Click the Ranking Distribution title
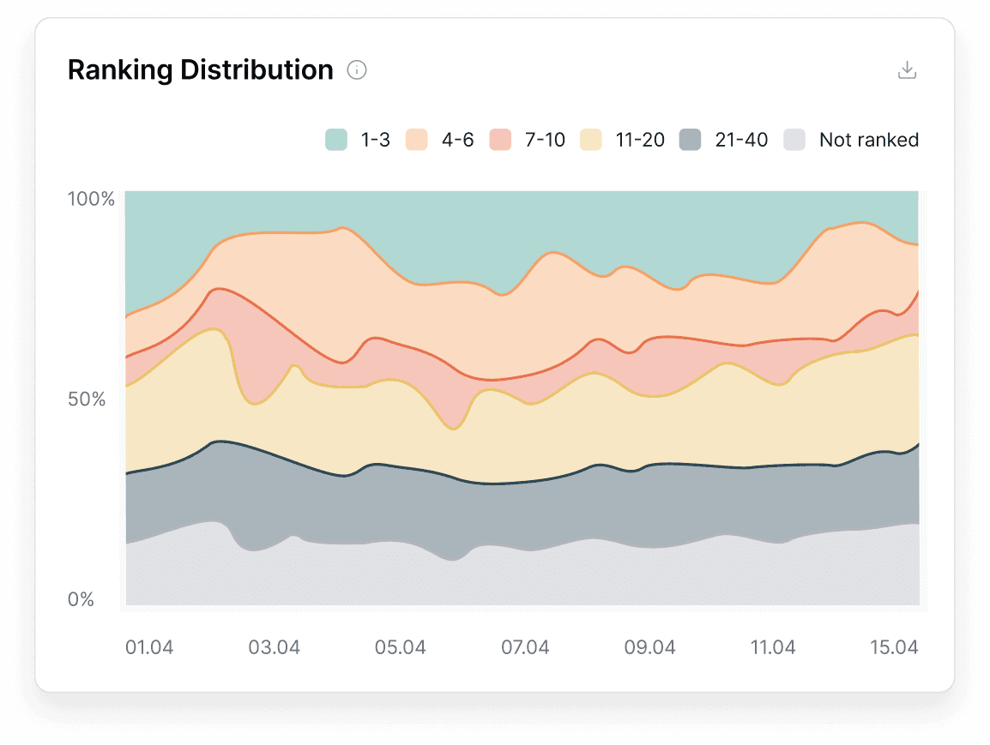click(x=200, y=70)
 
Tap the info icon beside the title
click(x=357, y=70)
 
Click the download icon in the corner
click(x=907, y=70)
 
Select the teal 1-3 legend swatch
click(x=336, y=140)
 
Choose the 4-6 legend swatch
click(x=417, y=140)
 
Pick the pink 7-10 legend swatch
click(x=500, y=140)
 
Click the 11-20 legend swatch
click(x=591, y=140)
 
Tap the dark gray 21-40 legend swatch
click(x=691, y=140)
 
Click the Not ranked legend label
click(x=868, y=140)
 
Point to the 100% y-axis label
click(x=91, y=199)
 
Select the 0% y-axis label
click(x=81, y=599)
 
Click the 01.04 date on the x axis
click(x=149, y=647)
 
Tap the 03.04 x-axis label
click(x=275, y=647)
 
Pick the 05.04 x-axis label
click(x=401, y=647)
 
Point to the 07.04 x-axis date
click(x=525, y=647)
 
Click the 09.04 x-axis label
click(x=649, y=647)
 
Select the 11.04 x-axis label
click(x=773, y=647)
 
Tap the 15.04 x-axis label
click(x=894, y=647)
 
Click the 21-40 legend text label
click(x=741, y=140)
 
